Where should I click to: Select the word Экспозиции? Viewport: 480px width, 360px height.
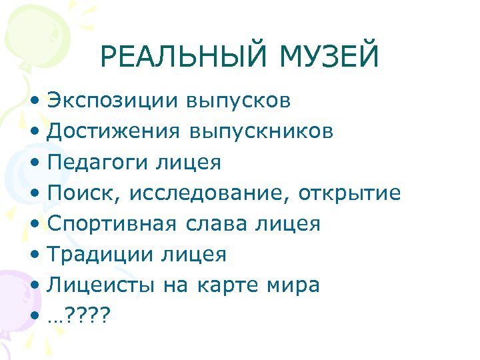pyautogui.click(x=113, y=101)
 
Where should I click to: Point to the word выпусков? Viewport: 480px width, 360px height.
pyautogui.click(x=239, y=101)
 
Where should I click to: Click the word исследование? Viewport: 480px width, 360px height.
pyautogui.click(x=209, y=193)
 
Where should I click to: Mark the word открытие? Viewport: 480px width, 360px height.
pyautogui.click(x=349, y=193)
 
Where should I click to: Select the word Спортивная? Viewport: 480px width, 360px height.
pyautogui.click(x=113, y=224)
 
